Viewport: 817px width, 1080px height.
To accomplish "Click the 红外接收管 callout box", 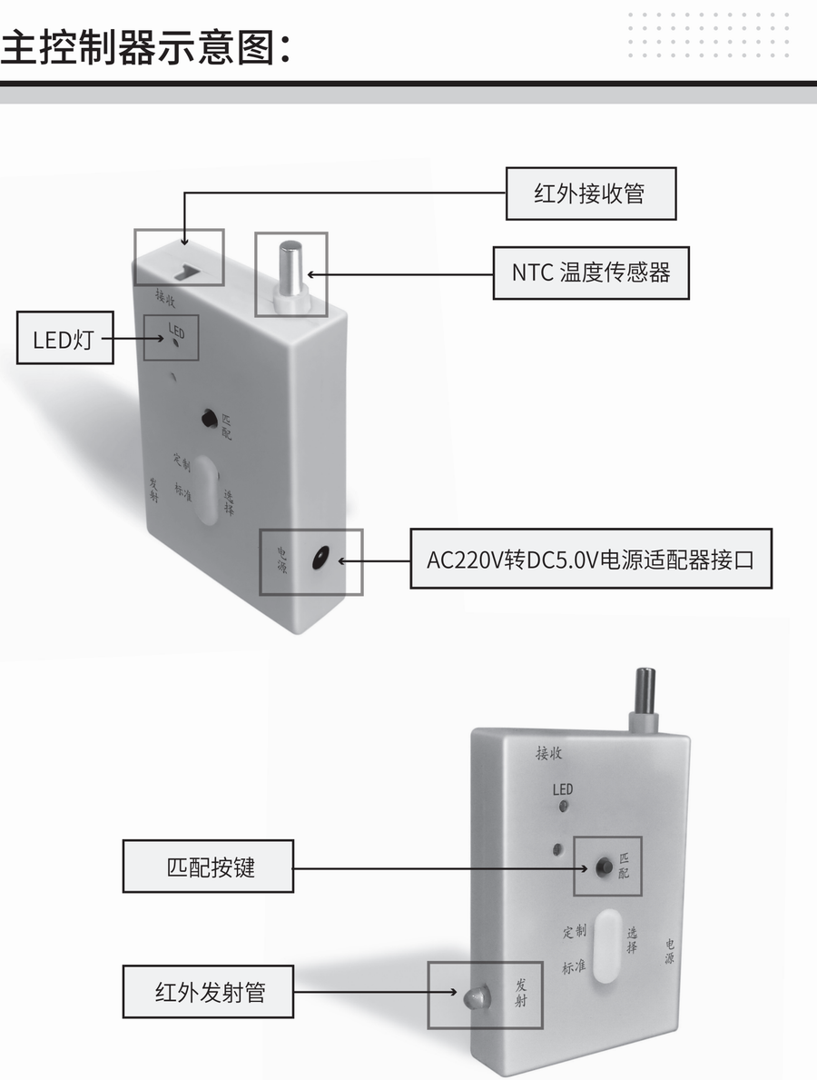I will pos(590,193).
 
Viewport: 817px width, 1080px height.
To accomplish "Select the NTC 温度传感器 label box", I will pos(590,272).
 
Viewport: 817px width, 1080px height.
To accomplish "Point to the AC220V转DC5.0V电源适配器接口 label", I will pos(590,558).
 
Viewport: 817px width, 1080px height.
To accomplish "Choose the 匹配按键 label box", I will pos(208,867).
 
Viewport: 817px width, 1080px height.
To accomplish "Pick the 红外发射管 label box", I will pos(208,991).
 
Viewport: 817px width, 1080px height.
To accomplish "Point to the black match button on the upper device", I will pos(209,420).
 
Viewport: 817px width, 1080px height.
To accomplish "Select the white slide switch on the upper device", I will pos(206,490).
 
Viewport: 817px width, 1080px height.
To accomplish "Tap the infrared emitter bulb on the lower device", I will pos(475,997).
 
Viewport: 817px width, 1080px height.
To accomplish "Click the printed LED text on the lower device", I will pos(563,789).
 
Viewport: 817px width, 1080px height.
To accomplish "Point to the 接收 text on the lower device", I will pos(550,752).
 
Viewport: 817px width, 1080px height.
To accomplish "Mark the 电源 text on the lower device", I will pos(669,951).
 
